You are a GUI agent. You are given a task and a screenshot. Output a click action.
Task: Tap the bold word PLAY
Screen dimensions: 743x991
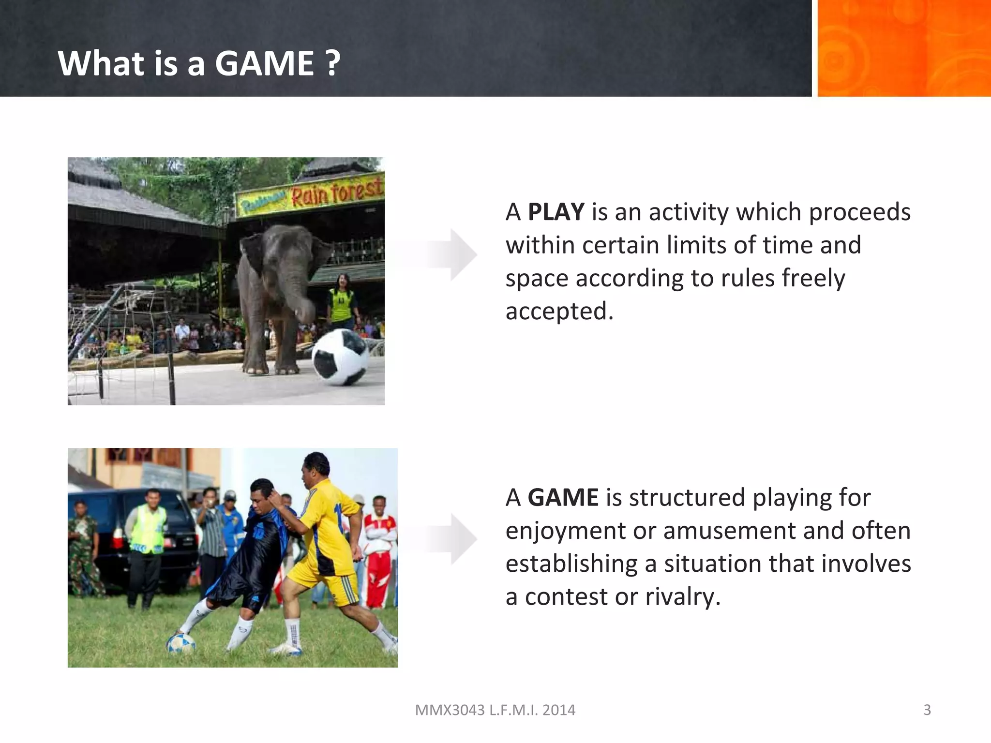556,212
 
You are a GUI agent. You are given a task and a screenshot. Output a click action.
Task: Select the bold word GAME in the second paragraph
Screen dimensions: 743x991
563,497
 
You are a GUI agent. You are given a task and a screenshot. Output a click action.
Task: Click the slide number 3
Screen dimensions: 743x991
927,710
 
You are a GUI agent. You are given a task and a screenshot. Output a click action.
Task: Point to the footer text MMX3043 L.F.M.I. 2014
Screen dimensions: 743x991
495,710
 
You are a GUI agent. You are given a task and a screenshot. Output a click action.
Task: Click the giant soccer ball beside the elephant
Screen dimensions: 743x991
340,357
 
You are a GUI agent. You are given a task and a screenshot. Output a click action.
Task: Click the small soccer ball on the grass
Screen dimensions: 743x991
180,643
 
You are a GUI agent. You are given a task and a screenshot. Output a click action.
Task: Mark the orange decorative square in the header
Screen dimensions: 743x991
903,48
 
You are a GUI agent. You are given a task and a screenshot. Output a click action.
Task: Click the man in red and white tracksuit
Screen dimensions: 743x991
380,547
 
